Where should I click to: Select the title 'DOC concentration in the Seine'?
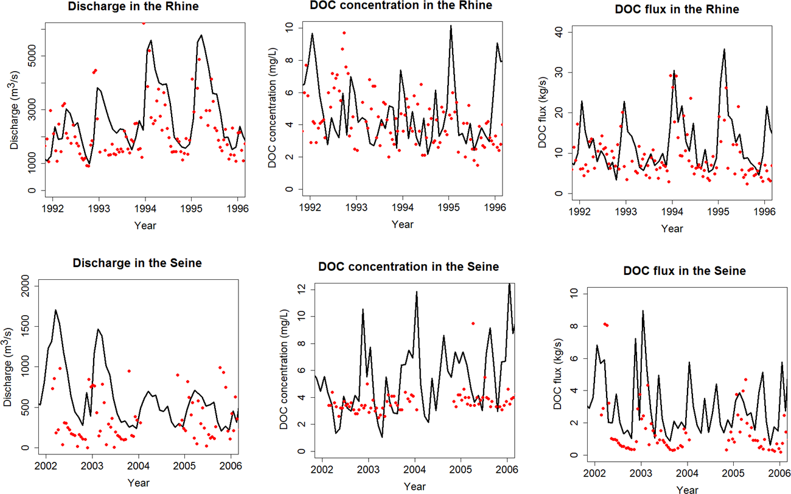click(x=408, y=267)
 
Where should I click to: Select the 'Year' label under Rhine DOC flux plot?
click(x=672, y=229)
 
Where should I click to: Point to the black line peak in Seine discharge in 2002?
click(x=55, y=310)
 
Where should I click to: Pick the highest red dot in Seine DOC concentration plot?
click(x=473, y=323)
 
